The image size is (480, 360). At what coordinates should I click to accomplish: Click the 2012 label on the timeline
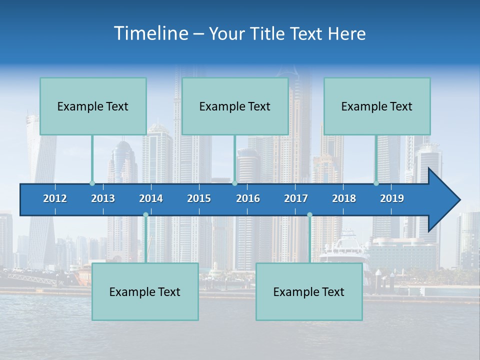click(x=55, y=198)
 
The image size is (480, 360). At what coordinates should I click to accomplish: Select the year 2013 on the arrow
click(x=103, y=198)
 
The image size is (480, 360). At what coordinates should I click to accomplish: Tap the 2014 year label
click(x=151, y=198)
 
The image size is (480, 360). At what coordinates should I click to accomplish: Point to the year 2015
click(x=199, y=198)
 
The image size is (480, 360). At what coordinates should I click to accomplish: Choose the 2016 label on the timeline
click(x=248, y=198)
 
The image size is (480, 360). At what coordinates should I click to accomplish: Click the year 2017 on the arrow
click(x=296, y=198)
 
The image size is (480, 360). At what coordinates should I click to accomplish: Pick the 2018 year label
click(x=344, y=198)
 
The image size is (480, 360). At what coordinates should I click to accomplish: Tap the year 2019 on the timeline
click(x=392, y=198)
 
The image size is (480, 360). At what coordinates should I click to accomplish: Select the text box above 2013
click(x=93, y=106)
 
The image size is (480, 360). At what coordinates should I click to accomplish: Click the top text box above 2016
click(x=235, y=106)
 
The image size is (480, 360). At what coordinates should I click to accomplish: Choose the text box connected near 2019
click(x=377, y=106)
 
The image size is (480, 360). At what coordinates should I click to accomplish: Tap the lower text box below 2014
click(x=145, y=291)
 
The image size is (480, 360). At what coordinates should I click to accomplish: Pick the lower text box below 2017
click(x=309, y=291)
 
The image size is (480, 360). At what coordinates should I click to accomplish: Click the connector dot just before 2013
click(x=92, y=183)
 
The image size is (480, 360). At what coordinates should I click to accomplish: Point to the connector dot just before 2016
click(x=234, y=183)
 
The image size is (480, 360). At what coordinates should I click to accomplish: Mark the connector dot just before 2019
click(x=376, y=183)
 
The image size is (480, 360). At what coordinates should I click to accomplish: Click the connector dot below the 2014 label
click(x=145, y=215)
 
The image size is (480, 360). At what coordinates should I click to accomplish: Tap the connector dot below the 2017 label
click(x=309, y=215)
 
